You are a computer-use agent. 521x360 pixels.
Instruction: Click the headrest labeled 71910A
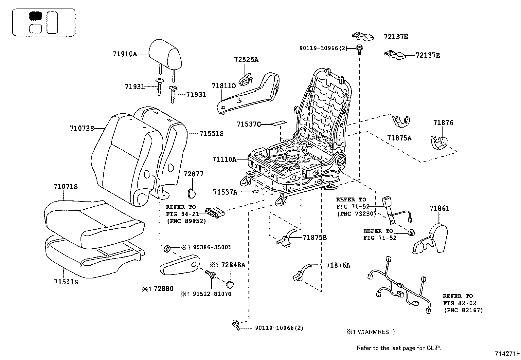coord(165,55)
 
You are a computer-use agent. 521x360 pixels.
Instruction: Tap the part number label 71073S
coord(82,128)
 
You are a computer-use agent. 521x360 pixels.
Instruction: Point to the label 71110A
coord(224,160)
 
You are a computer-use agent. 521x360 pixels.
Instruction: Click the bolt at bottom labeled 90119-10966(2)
coord(236,325)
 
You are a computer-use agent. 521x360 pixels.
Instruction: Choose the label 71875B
coord(314,237)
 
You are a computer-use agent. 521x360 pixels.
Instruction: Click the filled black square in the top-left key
coord(35,16)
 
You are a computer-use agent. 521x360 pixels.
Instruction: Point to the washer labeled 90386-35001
coord(167,249)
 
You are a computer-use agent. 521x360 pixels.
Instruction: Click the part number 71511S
coord(66,282)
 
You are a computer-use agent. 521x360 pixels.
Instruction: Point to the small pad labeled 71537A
coord(255,192)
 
